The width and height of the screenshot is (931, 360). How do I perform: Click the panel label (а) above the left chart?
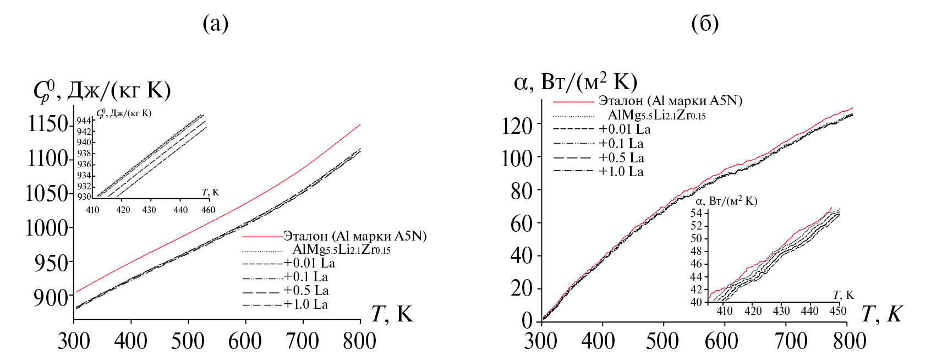(215, 24)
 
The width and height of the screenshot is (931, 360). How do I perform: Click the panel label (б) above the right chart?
(704, 24)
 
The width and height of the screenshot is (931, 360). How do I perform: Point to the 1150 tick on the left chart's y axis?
(48, 124)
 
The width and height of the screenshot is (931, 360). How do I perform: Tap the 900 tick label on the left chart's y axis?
(51, 298)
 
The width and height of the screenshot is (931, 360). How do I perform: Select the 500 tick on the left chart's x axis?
(188, 341)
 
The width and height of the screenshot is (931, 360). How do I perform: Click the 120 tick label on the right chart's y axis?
(517, 126)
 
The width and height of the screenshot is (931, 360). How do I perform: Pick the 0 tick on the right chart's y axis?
(527, 321)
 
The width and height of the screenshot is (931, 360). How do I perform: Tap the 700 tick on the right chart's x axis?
(791, 341)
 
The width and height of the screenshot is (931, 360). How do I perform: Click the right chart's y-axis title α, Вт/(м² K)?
(575, 83)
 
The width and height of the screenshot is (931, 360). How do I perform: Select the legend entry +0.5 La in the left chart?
(306, 291)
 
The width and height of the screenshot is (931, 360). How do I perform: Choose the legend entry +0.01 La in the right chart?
(625, 129)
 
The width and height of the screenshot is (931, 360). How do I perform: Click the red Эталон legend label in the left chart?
(355, 236)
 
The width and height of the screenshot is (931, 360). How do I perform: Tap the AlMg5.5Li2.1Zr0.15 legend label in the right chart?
(656, 115)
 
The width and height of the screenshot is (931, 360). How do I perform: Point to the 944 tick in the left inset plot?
(84, 121)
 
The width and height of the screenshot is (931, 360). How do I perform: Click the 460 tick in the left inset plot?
(208, 210)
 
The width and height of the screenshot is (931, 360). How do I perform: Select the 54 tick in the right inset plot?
(697, 213)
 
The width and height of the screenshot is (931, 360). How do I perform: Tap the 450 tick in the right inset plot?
(838, 311)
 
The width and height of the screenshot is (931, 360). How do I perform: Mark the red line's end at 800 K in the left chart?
(360, 124)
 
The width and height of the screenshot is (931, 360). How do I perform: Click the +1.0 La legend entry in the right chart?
(621, 172)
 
